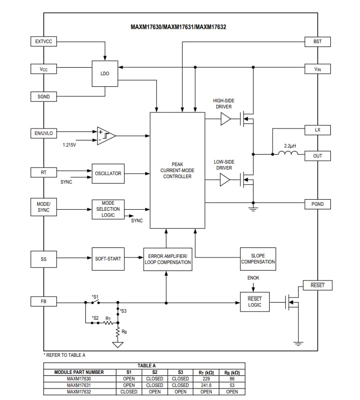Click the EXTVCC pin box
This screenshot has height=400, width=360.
click(x=44, y=41)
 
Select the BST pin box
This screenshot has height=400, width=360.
click(x=317, y=41)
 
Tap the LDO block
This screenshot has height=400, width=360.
click(x=105, y=73)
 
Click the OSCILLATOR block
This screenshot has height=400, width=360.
click(x=108, y=174)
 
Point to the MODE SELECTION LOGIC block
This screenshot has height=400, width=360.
click(x=108, y=209)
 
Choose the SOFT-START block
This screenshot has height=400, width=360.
click(x=108, y=258)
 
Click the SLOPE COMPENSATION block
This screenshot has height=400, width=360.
click(x=258, y=258)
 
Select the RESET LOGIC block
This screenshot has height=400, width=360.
click(x=255, y=302)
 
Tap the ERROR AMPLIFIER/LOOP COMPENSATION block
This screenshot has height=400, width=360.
click(x=167, y=259)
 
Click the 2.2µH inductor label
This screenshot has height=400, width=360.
click(x=290, y=146)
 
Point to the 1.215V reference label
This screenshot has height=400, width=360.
click(x=70, y=145)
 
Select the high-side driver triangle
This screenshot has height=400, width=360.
click(x=226, y=119)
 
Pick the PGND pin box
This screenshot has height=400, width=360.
click(x=317, y=204)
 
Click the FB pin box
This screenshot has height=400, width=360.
click(x=44, y=302)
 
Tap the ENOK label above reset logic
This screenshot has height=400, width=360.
click(x=254, y=278)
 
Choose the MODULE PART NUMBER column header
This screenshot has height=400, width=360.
click(x=79, y=372)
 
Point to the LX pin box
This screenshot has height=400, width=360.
click(x=317, y=130)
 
